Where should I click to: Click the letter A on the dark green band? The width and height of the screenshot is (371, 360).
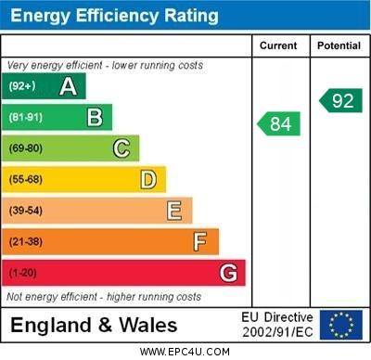pyautogui.click(x=68, y=87)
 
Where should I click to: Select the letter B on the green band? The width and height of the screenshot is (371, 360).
pyautogui.click(x=95, y=118)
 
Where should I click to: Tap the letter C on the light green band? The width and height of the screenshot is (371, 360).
pyautogui.click(x=122, y=148)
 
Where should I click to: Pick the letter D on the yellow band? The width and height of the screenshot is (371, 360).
pyautogui.click(x=148, y=179)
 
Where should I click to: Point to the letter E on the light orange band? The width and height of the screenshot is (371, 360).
pyautogui.click(x=174, y=211)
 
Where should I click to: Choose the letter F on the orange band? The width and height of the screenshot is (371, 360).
pyautogui.click(x=200, y=241)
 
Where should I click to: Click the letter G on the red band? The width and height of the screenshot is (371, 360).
pyautogui.click(x=228, y=273)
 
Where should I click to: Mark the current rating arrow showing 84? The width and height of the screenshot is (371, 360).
pyautogui.click(x=279, y=123)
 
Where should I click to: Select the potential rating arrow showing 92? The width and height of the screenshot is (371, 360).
pyautogui.click(x=340, y=100)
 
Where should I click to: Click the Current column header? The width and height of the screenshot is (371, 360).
pyautogui.click(x=278, y=45)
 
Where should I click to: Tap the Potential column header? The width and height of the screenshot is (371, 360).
pyautogui.click(x=339, y=45)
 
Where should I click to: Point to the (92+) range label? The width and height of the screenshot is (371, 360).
pyautogui.click(x=22, y=87)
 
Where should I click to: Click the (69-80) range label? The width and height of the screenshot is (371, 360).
pyautogui.click(x=26, y=148)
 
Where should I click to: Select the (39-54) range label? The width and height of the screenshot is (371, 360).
pyautogui.click(x=26, y=211)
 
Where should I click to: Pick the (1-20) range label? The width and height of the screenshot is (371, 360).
pyautogui.click(x=23, y=273)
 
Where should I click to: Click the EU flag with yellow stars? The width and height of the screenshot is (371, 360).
pyautogui.click(x=340, y=324)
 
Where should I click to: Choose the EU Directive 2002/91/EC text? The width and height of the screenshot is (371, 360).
pyautogui.click(x=277, y=324)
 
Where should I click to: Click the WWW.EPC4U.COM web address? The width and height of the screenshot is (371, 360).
pyautogui.click(x=185, y=352)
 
